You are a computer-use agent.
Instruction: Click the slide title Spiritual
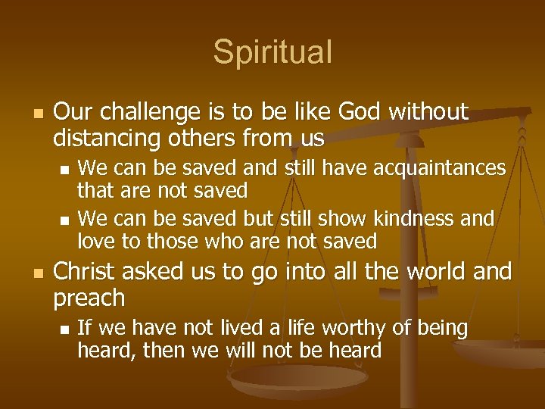[x=272, y=52]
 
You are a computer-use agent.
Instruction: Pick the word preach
[x=89, y=298]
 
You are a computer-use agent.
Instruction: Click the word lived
[x=215, y=328]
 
